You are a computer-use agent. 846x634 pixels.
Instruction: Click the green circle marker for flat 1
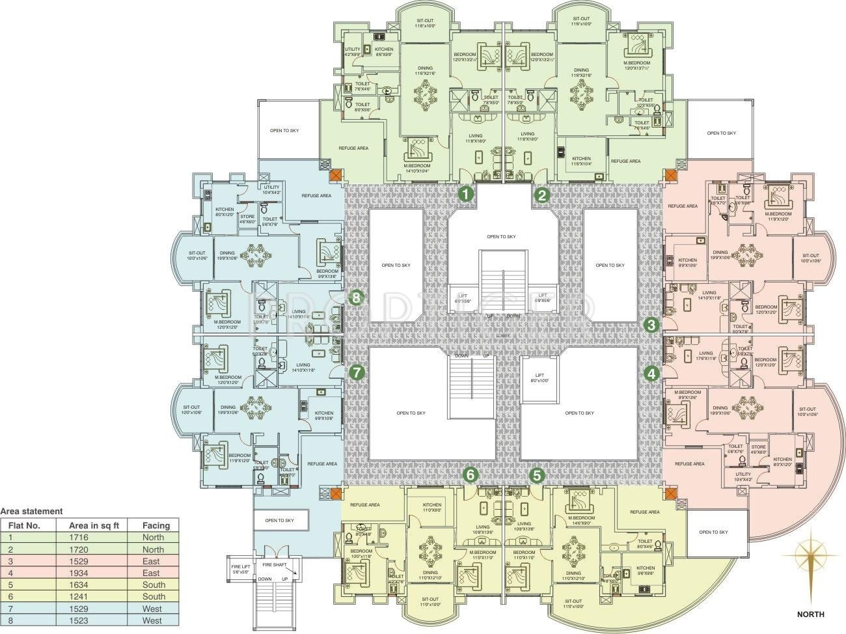[x=466, y=193]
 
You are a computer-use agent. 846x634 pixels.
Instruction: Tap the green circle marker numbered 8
[x=356, y=297]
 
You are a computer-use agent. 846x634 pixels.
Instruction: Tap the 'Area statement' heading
[x=32, y=512]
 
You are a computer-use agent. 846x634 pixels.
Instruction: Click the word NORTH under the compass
[x=810, y=614]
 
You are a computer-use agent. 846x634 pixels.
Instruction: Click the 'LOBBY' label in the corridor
[x=502, y=335]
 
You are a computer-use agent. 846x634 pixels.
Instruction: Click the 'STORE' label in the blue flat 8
[x=247, y=218]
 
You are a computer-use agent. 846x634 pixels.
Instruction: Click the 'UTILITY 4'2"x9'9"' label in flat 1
[x=353, y=51]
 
